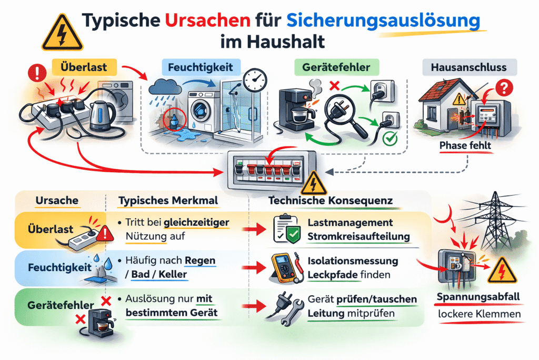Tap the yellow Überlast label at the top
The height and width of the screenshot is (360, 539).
84,67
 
